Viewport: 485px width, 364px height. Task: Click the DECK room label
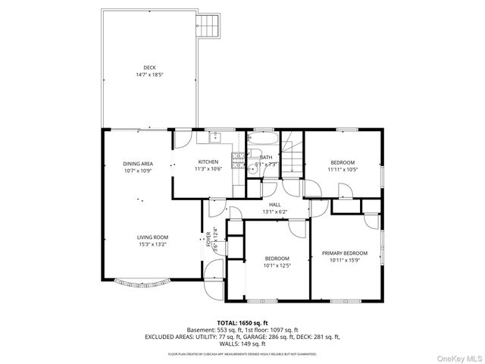pos(149,67)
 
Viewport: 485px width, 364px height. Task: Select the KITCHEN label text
pos(208,162)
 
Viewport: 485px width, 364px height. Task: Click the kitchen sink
pos(214,137)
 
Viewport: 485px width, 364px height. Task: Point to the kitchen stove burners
pos(237,159)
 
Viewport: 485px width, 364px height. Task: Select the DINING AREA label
pos(138,164)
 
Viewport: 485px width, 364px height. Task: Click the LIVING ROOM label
pos(152,237)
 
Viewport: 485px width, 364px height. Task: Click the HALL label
pos(274,205)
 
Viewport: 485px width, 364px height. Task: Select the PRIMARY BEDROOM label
pos(344,253)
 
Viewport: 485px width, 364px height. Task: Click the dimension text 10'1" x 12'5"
pos(277,265)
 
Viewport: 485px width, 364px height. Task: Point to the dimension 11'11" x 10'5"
pos(343,169)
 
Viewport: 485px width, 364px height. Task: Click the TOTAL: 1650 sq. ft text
pos(242,323)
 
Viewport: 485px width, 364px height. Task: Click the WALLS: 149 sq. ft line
pos(242,343)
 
